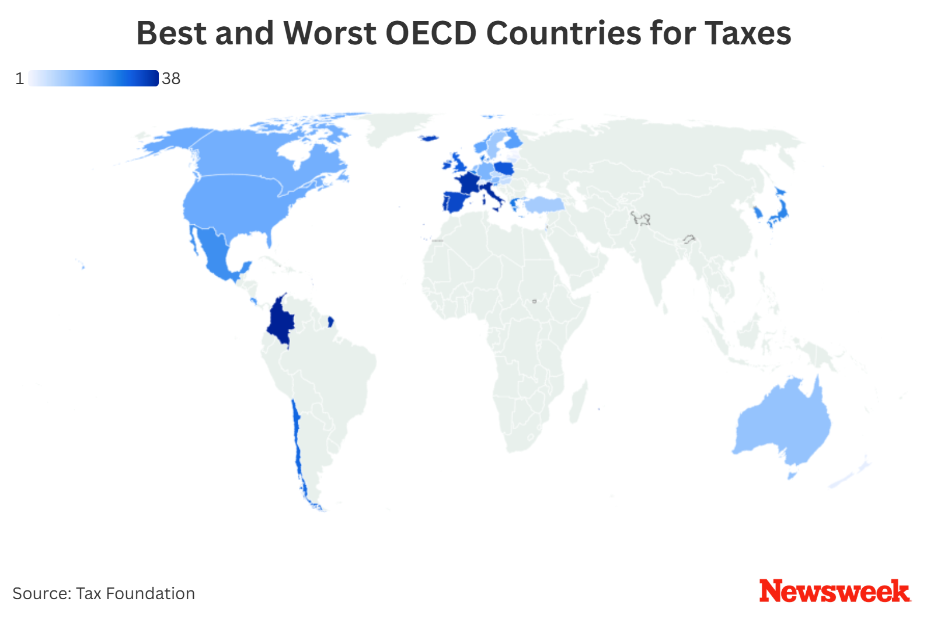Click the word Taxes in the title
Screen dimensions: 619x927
748,33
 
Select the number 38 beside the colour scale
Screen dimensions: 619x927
171,78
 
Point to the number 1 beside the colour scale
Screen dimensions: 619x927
20,78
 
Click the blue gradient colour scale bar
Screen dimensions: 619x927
93,78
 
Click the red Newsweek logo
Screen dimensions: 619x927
834,592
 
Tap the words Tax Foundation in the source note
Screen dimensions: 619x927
135,593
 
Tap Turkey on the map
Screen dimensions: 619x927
544,204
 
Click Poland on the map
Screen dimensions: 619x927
503,169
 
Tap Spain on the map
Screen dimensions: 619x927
457,201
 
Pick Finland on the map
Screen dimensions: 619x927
513,140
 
